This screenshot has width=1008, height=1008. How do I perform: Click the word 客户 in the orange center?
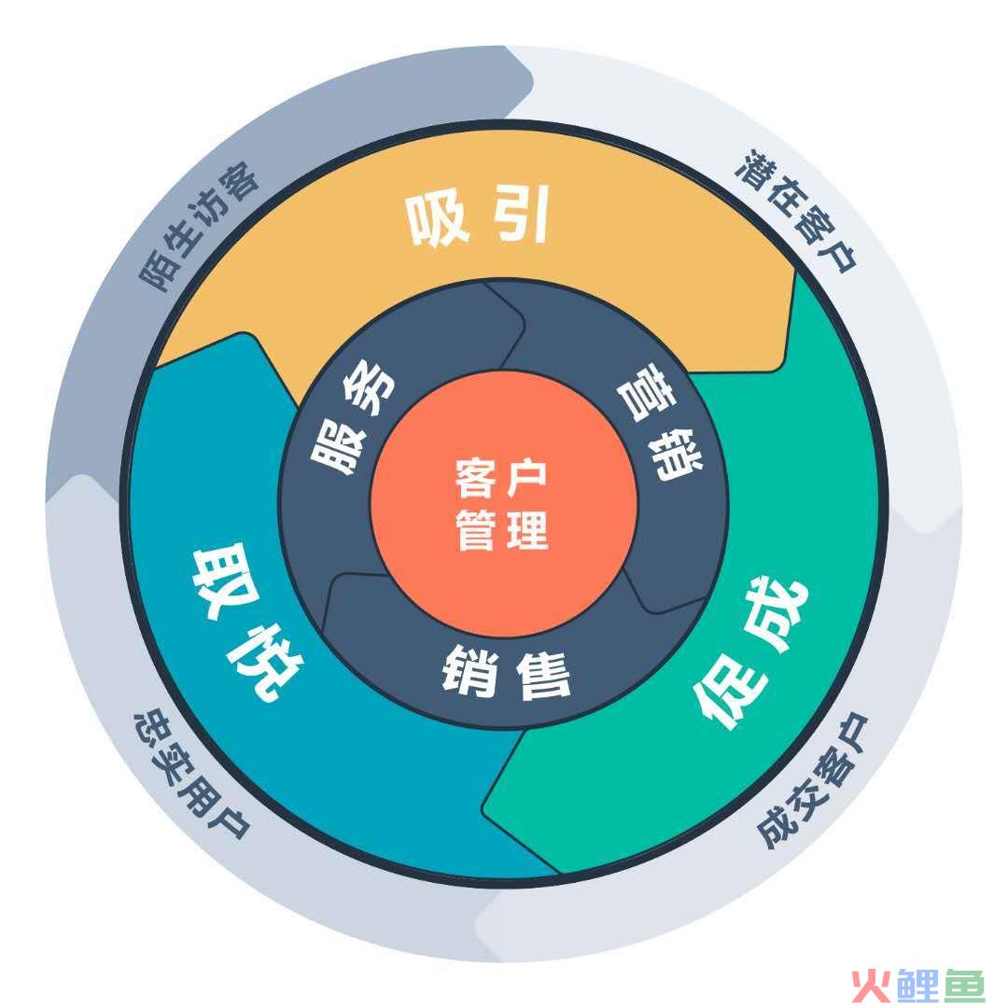pos(501,478)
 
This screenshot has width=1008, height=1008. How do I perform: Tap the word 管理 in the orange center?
pos(502,530)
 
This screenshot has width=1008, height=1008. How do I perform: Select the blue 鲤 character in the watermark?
pos(917,986)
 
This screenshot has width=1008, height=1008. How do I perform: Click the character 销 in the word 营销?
pos(675,454)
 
